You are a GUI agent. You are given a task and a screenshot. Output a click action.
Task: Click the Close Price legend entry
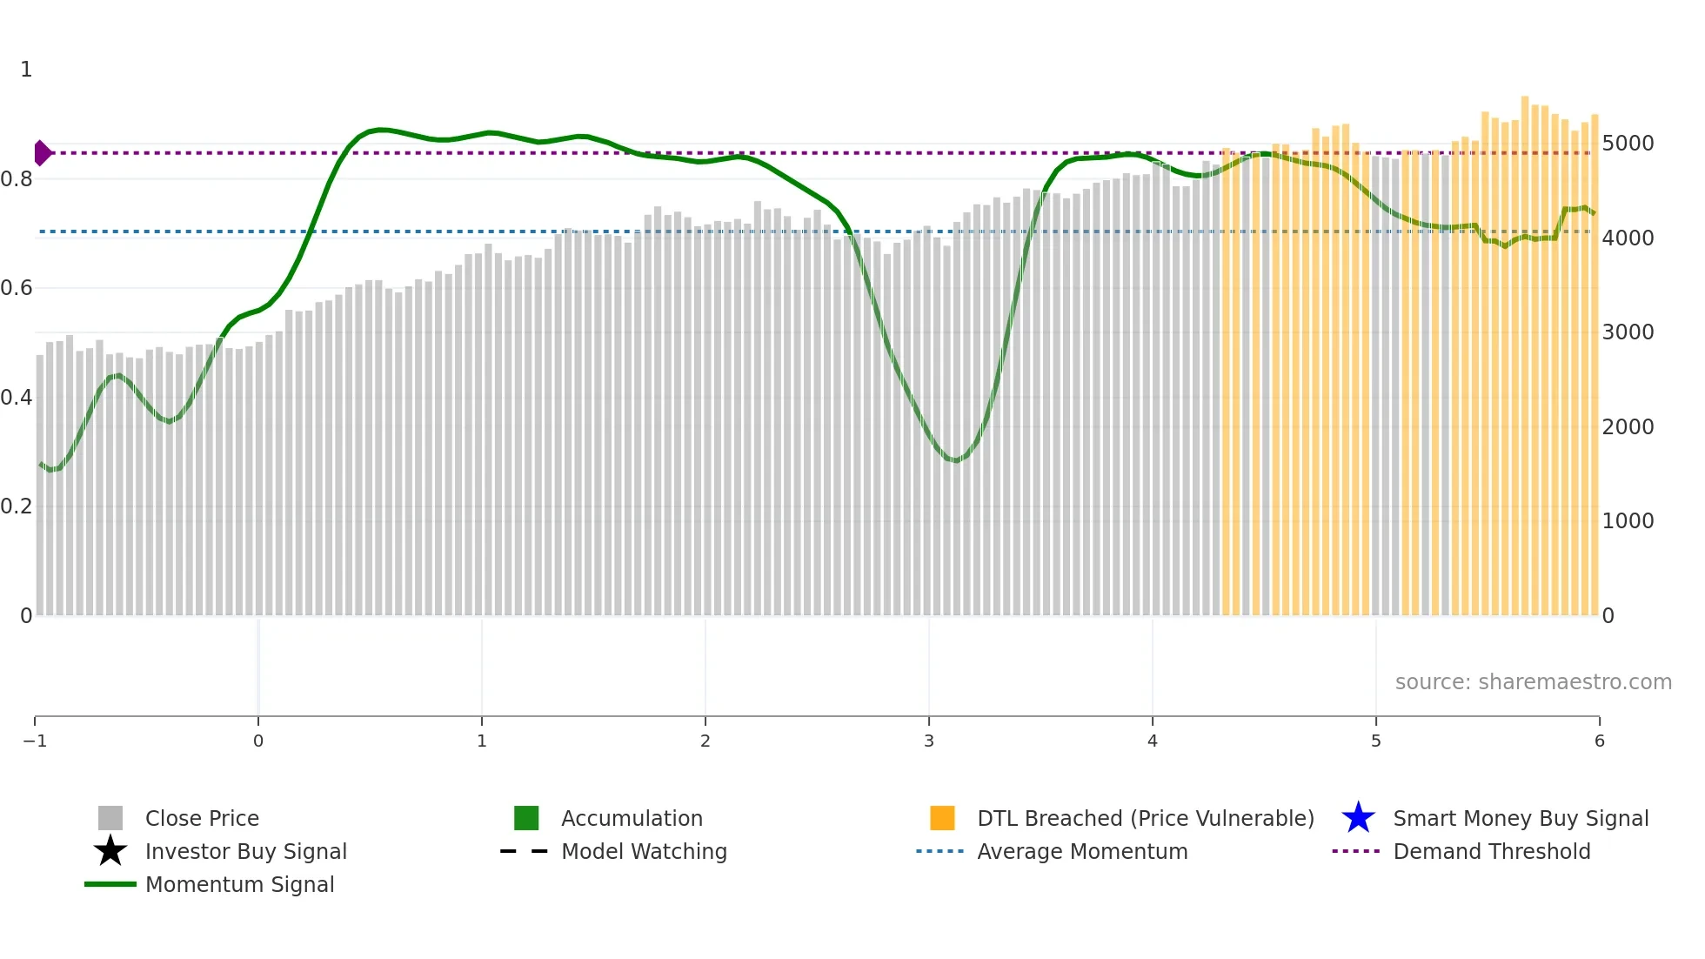pyautogui.click(x=201, y=818)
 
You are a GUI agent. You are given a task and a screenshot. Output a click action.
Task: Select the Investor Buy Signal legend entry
pyautogui.click(x=245, y=851)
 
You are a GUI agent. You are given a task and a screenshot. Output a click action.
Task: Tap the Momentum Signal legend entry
pyautogui.click(x=239, y=884)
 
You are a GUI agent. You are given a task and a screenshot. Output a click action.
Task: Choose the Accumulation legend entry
pyautogui.click(x=631, y=818)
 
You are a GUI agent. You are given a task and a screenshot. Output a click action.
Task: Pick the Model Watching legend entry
pyautogui.click(x=643, y=851)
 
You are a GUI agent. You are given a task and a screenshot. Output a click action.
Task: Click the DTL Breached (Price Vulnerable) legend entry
pyautogui.click(x=1145, y=818)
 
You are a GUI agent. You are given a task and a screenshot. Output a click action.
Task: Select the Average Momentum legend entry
pyautogui.click(x=1081, y=851)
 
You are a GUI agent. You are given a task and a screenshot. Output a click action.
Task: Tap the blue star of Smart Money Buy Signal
pyautogui.click(x=1358, y=818)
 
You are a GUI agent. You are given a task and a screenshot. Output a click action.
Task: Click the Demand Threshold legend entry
pyautogui.click(x=1491, y=851)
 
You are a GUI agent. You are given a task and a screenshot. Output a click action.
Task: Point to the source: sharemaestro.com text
pyautogui.click(x=1533, y=682)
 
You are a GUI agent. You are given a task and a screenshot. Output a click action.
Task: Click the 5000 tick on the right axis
pyautogui.click(x=1628, y=144)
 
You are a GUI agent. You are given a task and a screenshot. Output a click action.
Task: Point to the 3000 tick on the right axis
pyautogui.click(x=1628, y=332)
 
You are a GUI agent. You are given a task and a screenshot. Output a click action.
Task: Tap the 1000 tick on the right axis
pyautogui.click(x=1628, y=521)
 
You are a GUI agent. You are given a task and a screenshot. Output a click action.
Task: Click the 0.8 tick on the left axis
pyautogui.click(x=17, y=179)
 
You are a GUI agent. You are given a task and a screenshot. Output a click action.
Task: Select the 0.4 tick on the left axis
pyautogui.click(x=17, y=398)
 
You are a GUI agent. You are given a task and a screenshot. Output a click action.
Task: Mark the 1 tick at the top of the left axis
pyautogui.click(x=26, y=70)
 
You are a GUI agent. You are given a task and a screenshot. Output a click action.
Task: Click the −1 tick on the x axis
pyautogui.click(x=35, y=741)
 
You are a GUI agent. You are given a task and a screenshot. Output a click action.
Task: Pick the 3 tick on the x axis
pyautogui.click(x=929, y=741)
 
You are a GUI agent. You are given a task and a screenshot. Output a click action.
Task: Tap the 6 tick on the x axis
pyautogui.click(x=1599, y=741)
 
